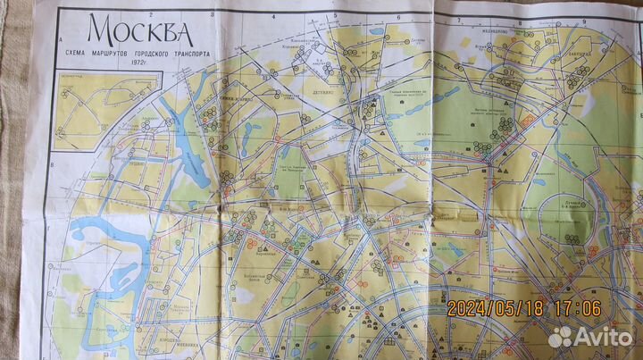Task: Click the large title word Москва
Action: pos(140,32)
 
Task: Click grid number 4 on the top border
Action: pos(271,14)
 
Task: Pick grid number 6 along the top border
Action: pos(394,14)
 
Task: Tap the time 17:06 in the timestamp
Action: pos(577,308)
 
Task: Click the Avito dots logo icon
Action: pos(560,336)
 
